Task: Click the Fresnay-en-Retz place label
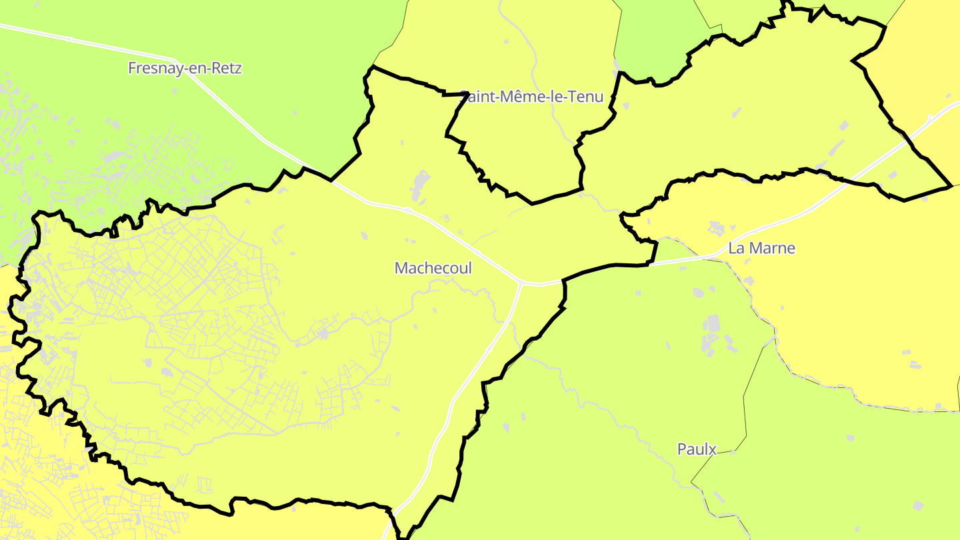[185, 68]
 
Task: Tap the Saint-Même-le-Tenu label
[531, 97]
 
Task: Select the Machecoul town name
[433, 268]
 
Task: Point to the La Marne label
[761, 249]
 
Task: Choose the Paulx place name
[697, 449]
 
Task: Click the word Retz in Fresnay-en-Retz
[226, 68]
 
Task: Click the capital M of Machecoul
[401, 268]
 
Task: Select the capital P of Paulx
[681, 449]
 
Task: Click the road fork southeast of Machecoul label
[521, 283]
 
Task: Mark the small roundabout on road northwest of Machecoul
[407, 211]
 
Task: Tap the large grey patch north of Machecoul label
[420, 184]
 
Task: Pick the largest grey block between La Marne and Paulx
[711, 325]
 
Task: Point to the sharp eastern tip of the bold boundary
[950, 186]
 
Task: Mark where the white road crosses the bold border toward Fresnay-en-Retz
[332, 180]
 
